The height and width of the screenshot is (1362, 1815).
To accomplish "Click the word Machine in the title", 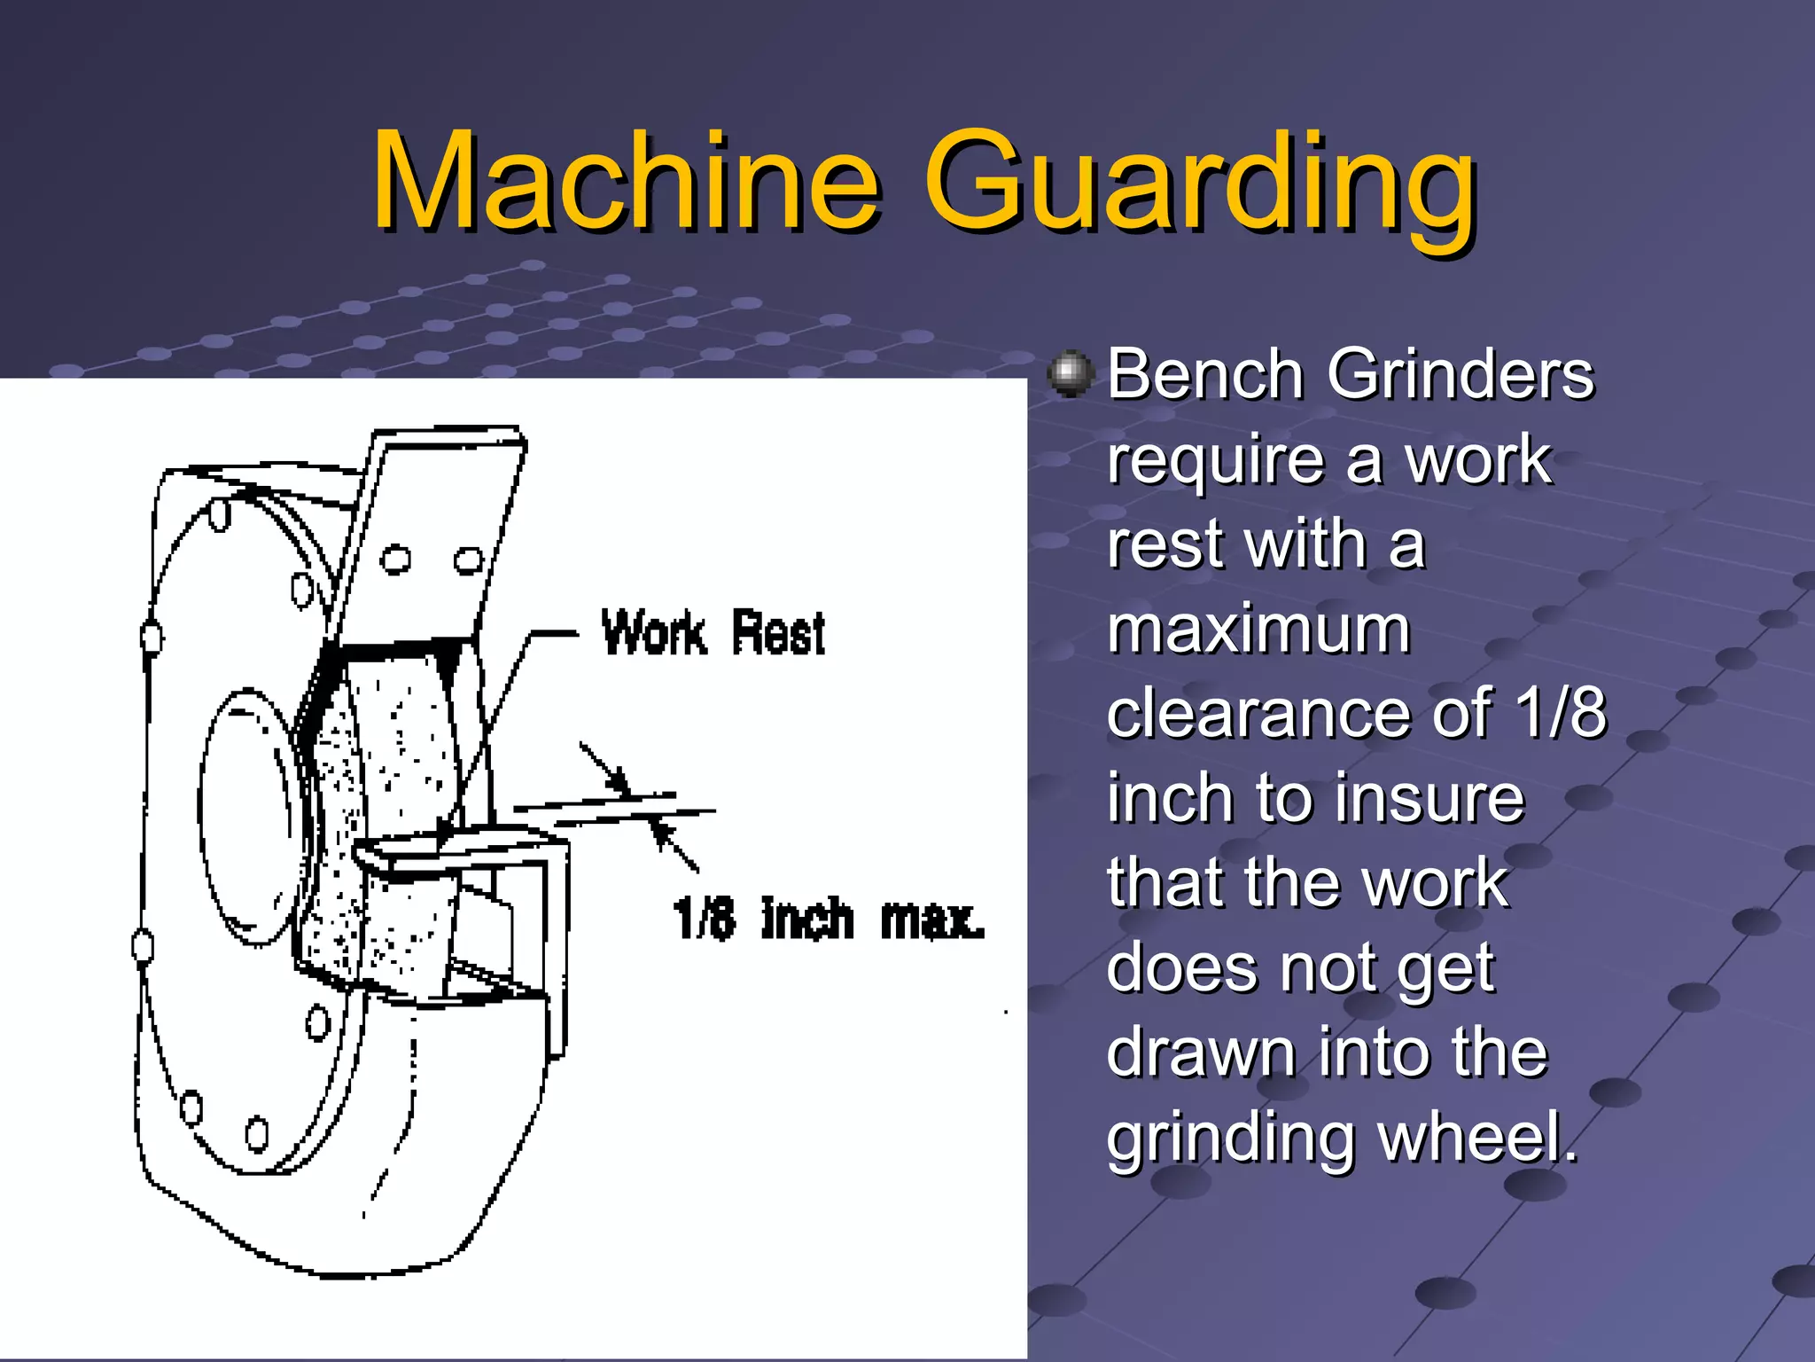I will (626, 182).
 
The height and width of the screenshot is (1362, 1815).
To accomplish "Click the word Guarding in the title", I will (1200, 186).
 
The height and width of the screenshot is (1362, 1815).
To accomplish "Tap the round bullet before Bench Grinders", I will (1071, 373).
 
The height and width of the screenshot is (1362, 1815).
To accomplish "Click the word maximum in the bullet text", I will (1258, 629).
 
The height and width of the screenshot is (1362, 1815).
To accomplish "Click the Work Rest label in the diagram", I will (713, 633).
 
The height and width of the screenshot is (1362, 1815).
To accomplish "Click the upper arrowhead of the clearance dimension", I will (616, 779).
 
